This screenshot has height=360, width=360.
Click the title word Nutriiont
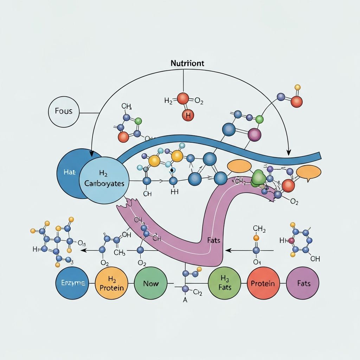[x=187, y=63]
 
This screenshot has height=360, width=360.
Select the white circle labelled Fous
[x=64, y=111]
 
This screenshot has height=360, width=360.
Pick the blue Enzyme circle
[x=72, y=283]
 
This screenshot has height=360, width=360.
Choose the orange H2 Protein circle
[x=111, y=283]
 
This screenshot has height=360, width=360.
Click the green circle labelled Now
[x=150, y=283]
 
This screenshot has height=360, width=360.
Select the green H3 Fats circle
[x=225, y=283]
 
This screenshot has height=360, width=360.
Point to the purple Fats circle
[x=303, y=283]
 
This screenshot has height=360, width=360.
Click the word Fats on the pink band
[x=213, y=241]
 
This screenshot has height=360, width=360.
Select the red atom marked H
[x=188, y=115]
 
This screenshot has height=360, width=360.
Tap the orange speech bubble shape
[x=309, y=172]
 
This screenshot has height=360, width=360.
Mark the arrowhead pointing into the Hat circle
[x=91, y=154]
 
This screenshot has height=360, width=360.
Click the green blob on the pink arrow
[x=259, y=177]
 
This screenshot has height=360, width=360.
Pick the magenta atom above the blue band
[x=254, y=134]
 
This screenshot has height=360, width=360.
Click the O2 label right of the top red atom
[x=199, y=102]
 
